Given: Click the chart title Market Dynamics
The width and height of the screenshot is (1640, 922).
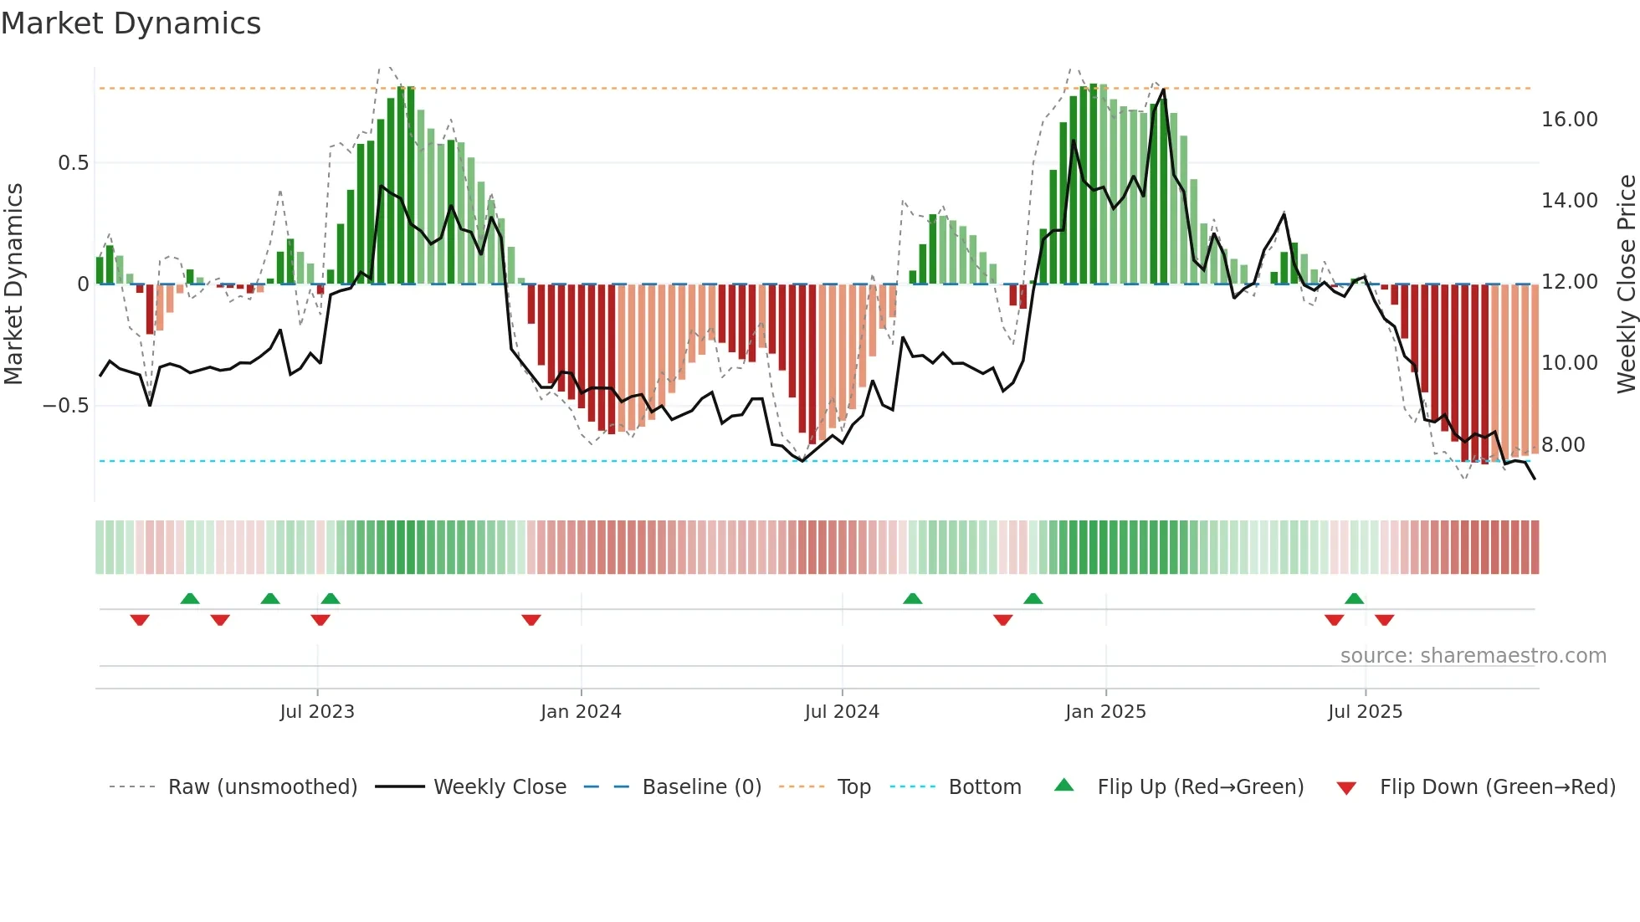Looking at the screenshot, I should point(131,23).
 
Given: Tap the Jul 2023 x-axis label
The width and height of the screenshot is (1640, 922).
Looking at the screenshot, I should point(317,712).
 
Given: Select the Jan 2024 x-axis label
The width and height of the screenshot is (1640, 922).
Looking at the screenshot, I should point(581,712).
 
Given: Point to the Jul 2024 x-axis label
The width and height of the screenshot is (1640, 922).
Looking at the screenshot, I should point(842,712).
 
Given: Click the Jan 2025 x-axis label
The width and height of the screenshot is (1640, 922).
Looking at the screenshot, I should point(1105,712).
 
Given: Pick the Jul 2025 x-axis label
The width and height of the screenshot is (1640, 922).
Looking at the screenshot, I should point(1365,712).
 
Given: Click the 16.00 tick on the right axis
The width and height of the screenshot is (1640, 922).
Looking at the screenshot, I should point(1569,120).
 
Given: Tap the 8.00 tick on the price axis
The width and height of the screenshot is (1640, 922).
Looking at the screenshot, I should point(1563,445).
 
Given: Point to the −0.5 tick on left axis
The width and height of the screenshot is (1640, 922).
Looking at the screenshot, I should point(65,406).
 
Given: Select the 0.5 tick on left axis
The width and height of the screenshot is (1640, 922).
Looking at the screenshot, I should point(73,163).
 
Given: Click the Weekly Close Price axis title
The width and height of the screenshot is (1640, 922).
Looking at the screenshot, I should point(1626,284).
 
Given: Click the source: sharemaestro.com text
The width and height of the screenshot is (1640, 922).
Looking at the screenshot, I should point(1473,656).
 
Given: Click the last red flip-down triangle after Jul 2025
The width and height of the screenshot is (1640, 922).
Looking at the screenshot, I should point(1384,620).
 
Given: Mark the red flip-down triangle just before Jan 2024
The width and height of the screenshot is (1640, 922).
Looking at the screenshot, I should point(531,620).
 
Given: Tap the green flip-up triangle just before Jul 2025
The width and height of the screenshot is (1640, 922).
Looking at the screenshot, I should point(1354,598).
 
